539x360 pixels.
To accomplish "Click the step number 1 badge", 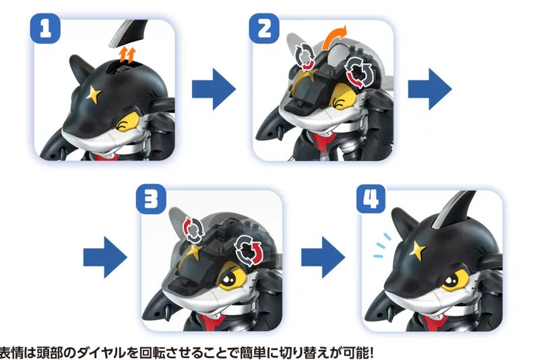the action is (45, 28).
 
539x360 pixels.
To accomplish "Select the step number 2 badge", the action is (264, 28).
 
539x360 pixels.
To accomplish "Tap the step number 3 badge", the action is (151, 200).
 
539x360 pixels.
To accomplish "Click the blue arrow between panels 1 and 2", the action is (214, 89).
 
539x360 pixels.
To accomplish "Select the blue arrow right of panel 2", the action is (430, 89).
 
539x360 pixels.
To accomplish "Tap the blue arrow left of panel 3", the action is (105, 258).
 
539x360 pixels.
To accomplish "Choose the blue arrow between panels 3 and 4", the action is (323, 258).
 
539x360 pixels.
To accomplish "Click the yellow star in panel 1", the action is (94, 94).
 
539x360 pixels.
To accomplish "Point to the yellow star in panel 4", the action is (418, 250).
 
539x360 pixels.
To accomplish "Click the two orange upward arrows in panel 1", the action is (127, 55).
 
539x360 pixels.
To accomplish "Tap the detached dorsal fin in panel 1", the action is (127, 32).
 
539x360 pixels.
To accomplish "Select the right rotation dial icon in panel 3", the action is (248, 250).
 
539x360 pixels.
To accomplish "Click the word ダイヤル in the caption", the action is (104, 352).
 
